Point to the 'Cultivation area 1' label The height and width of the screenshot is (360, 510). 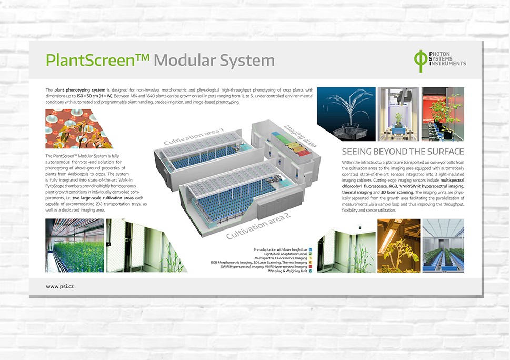pyautogui.click(x=193, y=136)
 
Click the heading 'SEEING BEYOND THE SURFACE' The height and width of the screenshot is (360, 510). pyautogui.click(x=403, y=152)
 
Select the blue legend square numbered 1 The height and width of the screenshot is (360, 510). pyautogui.click(x=311, y=248)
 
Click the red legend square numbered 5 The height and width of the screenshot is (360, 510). pyautogui.click(x=311, y=266)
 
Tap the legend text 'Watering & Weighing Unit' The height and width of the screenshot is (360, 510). pyautogui.click(x=287, y=271)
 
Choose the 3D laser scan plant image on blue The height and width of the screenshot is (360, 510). pyautogui.click(x=346, y=114)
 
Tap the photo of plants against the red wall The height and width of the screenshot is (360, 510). pyautogui.click(x=443, y=114)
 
